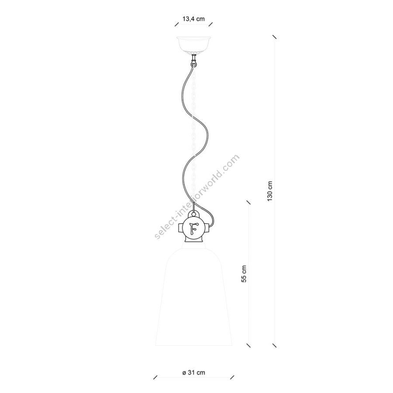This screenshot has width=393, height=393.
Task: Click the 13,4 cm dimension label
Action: click(193, 19)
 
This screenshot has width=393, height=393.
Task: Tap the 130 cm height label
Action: click(270, 191)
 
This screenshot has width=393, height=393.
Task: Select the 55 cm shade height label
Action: click(244, 274)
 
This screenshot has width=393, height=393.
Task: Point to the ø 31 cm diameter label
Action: click(194, 373)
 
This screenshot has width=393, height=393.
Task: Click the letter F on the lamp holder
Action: click(193, 228)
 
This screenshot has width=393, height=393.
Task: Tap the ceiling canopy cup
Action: click(194, 45)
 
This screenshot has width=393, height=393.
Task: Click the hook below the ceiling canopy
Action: click(193, 62)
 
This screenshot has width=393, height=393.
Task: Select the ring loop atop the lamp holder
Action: click(194, 214)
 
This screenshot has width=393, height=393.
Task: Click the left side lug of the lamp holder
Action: click(181, 228)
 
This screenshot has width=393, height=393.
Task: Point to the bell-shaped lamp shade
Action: click(194, 297)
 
